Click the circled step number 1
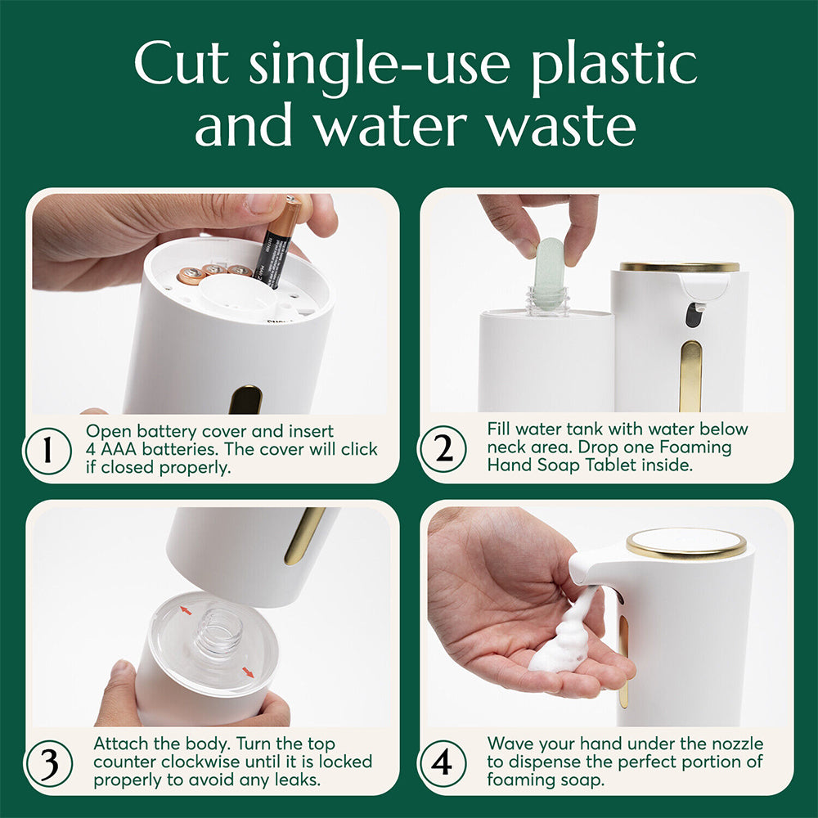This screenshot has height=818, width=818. coord(47,449)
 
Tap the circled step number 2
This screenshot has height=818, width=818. coord(443,449)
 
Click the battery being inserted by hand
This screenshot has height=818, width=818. coord(279,241)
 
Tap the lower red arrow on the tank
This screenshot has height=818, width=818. coord(248,672)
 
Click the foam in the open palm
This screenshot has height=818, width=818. coord(564,642)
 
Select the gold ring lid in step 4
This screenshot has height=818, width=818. coord(686,542)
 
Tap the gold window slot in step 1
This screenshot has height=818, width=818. coord(245,400)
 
